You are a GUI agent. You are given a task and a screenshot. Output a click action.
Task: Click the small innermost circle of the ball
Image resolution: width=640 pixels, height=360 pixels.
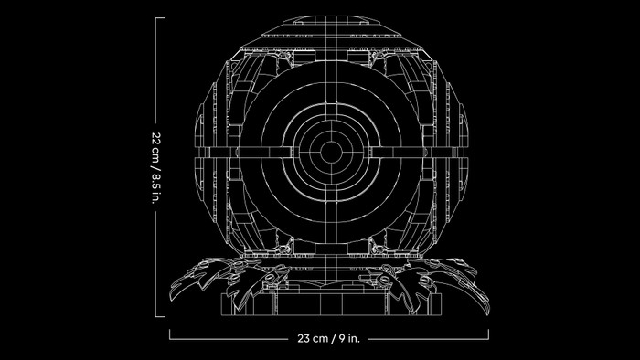tap(331, 152)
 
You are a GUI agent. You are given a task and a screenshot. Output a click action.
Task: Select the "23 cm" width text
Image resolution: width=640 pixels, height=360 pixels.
tap(313, 338)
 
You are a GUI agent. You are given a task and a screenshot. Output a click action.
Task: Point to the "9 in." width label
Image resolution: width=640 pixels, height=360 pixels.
tap(348, 338)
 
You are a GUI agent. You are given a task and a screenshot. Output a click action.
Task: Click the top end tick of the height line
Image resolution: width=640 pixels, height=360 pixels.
tap(160, 18)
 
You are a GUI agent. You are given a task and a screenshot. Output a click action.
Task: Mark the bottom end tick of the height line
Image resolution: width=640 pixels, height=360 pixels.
tap(160, 316)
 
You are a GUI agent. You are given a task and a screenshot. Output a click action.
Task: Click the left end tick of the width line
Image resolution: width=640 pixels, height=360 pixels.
tap(170, 334)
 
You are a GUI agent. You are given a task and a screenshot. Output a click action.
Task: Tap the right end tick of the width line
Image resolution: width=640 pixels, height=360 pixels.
tap(488, 334)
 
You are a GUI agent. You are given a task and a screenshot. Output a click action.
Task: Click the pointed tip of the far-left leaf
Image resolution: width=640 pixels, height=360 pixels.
tap(171, 300)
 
